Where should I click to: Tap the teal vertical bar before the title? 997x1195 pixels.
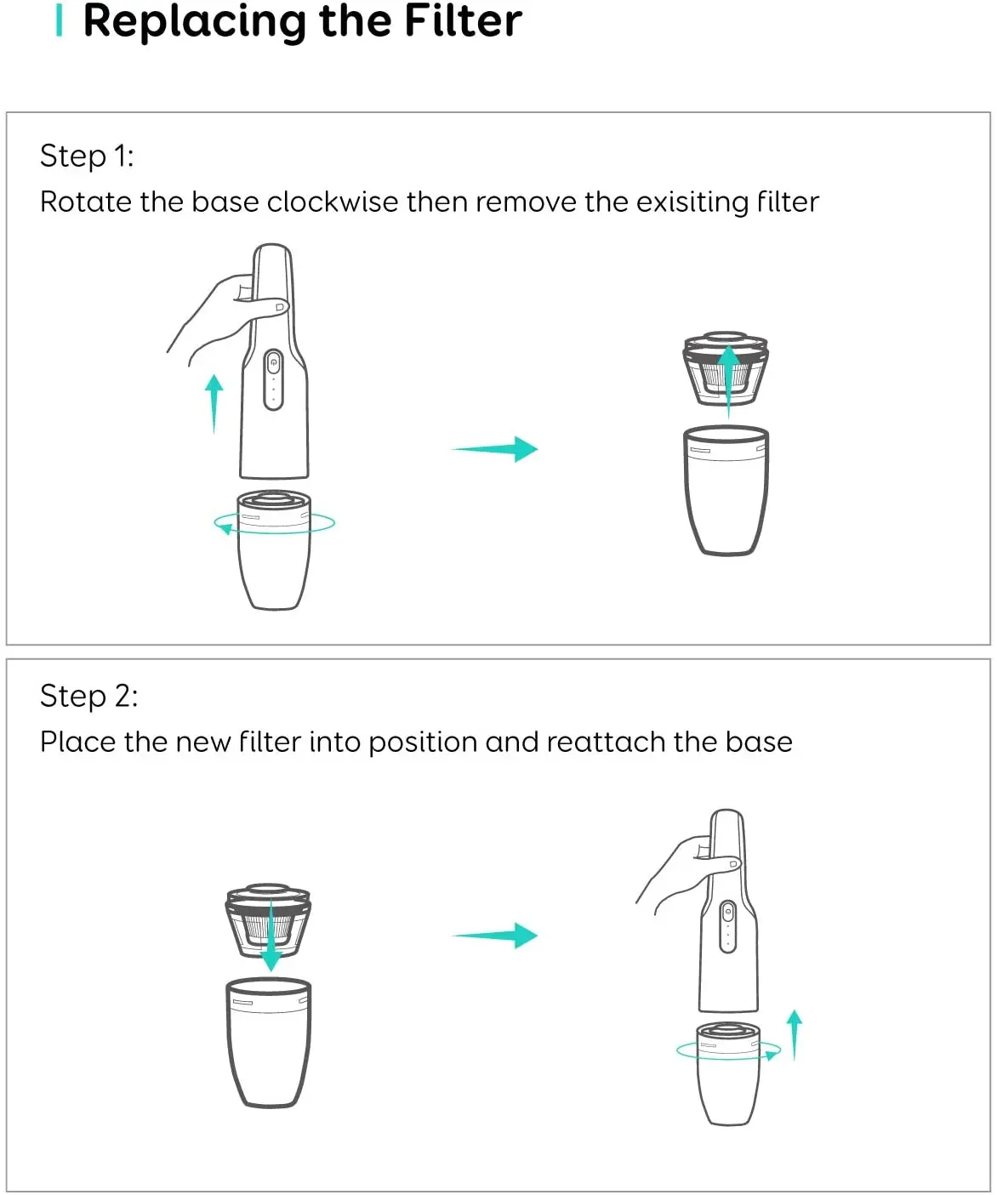59,20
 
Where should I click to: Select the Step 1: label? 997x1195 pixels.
87,156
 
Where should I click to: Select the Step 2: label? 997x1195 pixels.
88,696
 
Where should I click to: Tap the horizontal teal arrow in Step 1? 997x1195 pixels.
495,448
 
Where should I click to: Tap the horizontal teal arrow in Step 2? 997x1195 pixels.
495,936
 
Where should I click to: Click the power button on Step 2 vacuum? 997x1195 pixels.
727,913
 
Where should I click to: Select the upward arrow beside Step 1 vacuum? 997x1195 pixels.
214,402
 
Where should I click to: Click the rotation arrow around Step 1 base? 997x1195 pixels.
226,528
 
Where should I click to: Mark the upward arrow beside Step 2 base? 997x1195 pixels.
795,1033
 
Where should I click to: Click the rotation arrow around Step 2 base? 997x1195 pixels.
770,1055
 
